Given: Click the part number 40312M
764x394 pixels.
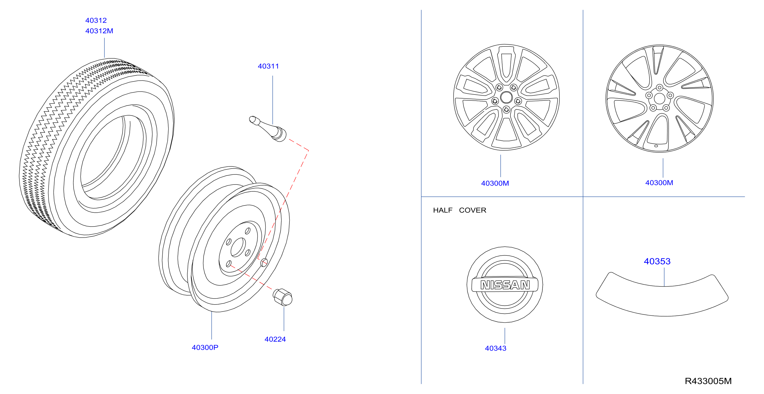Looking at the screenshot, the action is pos(99,31).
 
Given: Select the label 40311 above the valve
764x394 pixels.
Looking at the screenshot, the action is pos(268,66).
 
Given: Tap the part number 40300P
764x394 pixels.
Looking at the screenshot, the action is pos(205,347).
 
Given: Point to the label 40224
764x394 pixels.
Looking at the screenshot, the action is pos(275,339).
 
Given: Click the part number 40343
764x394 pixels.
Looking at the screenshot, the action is pos(496,348).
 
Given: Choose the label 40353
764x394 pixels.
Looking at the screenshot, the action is pos(657,261).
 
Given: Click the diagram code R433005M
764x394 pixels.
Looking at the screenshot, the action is pos(708,381).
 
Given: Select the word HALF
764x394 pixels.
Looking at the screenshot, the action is pos(442,210).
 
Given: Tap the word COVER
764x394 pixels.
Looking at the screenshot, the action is pos(472,210).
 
